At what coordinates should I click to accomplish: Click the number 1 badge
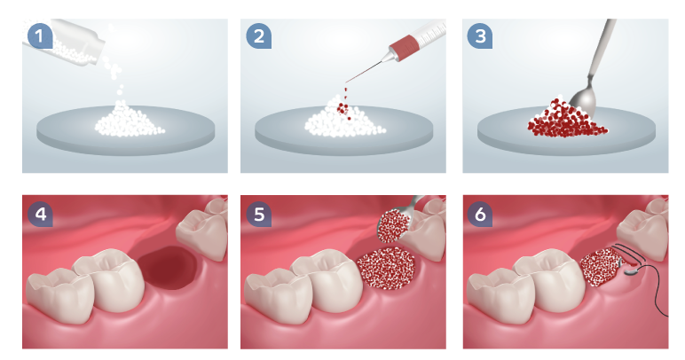click(x=40, y=35)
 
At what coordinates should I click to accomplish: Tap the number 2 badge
click(x=258, y=35)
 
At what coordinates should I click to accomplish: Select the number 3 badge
click(x=480, y=35)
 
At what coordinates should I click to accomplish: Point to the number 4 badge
click(x=40, y=215)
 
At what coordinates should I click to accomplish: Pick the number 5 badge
click(x=258, y=215)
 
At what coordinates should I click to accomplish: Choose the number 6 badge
click(x=480, y=215)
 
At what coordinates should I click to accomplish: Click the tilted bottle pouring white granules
click(x=66, y=42)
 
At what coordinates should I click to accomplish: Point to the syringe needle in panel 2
click(x=364, y=72)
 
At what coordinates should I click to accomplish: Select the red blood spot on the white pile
click(x=342, y=108)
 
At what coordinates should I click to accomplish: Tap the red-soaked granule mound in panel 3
click(x=567, y=119)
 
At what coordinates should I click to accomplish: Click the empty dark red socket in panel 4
click(x=168, y=268)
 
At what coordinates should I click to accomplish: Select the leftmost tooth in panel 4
click(x=60, y=295)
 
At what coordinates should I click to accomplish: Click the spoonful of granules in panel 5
click(x=393, y=226)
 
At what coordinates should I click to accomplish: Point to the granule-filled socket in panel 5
click(x=386, y=269)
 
